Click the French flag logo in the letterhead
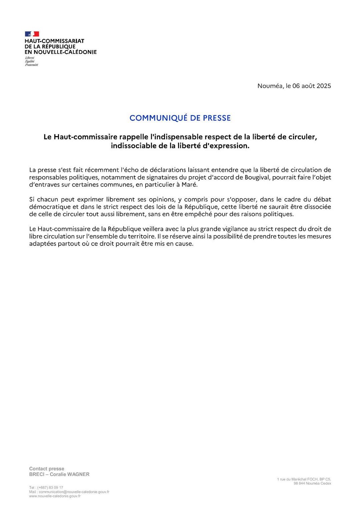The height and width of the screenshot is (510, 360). point(32,34)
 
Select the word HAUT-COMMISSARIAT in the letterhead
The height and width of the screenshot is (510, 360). point(54,41)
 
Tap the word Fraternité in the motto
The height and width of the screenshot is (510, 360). point(31,65)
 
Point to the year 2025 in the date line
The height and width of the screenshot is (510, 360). point(324,86)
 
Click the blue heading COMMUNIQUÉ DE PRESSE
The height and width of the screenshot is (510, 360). point(180,118)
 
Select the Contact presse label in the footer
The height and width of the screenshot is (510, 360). point(47,469)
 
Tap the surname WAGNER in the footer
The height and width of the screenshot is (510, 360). point(79,474)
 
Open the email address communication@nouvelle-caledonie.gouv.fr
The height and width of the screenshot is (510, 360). point(74,492)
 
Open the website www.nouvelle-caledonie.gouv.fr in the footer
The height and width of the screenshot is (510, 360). point(55,496)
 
